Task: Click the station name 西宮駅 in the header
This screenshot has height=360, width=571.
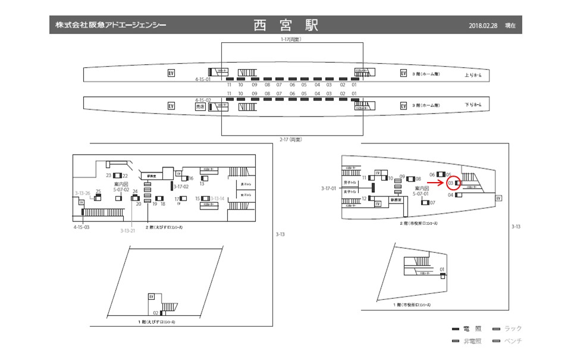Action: pos(285,26)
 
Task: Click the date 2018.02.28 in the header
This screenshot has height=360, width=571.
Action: pos(483,26)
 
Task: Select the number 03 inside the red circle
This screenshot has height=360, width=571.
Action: pos(451,183)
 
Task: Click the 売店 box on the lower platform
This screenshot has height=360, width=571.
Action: pos(200,106)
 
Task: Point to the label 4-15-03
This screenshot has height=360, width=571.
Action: pos(81,227)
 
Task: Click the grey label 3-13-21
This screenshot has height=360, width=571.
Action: pos(128,230)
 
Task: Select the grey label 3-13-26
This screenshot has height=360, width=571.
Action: pos(83,193)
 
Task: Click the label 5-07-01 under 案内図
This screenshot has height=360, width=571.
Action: pos(422,193)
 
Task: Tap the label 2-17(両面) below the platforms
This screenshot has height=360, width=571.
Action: pos(291,139)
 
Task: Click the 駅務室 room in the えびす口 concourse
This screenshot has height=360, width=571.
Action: pos(151,176)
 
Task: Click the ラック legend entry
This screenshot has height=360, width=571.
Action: pos(512,328)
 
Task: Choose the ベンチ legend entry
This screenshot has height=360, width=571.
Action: pos(512,341)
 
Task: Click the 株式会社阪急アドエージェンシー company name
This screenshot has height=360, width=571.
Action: pos(111,26)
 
